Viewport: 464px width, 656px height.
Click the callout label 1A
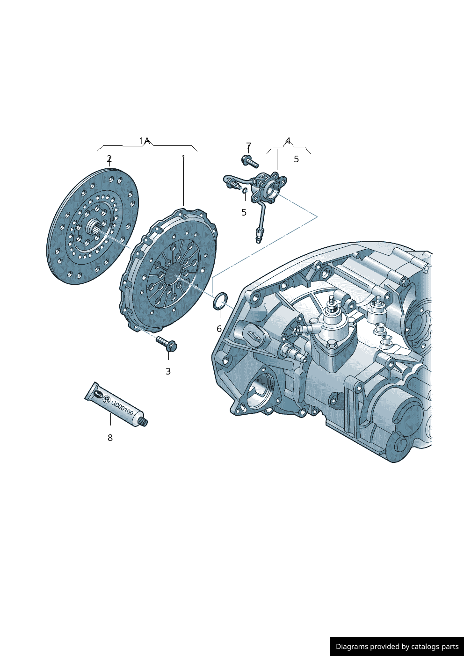(144, 141)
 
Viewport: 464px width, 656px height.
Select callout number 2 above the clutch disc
(109, 159)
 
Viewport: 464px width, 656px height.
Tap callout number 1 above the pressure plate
(183, 159)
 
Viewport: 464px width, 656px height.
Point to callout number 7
(248, 146)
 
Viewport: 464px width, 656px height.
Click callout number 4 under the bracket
(288, 141)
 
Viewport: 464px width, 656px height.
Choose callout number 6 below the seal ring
(219, 329)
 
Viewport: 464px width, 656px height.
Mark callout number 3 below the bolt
(168, 372)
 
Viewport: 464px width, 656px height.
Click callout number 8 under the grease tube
(110, 438)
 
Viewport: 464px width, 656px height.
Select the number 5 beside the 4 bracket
(296, 159)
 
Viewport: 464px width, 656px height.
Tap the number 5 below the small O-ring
(244, 213)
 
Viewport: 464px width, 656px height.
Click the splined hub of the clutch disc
(95, 228)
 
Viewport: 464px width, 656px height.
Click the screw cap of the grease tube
(144, 422)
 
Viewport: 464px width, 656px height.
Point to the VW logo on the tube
(106, 399)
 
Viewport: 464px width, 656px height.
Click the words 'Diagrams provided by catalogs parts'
(397, 647)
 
